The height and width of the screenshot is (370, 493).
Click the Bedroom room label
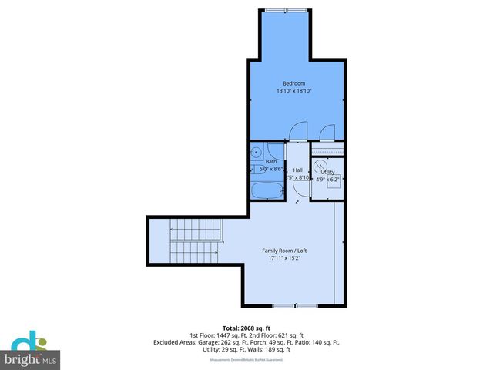(293, 83)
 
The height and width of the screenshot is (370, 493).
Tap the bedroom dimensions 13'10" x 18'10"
(293, 91)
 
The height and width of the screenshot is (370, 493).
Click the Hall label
(297, 170)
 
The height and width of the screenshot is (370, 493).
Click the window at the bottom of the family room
(284, 306)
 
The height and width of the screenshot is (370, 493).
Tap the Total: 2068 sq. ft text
(247, 328)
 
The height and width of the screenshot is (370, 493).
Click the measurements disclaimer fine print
(246, 360)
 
